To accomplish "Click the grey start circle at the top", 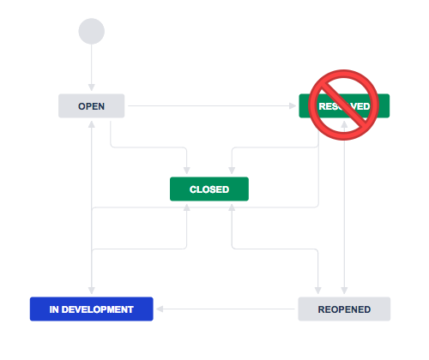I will tap(91, 31).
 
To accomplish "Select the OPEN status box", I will tap(92, 106).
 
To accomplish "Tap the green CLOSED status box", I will tap(208, 189).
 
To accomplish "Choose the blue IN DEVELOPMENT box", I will tap(91, 309).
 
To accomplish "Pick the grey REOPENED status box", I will tap(343, 309).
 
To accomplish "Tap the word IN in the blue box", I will tap(53, 309).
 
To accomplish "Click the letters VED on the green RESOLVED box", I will tap(361, 106).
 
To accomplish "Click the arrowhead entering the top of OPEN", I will tap(91, 91).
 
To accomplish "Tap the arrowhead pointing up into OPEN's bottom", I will tap(91, 123).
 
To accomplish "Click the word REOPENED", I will tap(343, 309).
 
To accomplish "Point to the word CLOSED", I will tap(208, 189).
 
